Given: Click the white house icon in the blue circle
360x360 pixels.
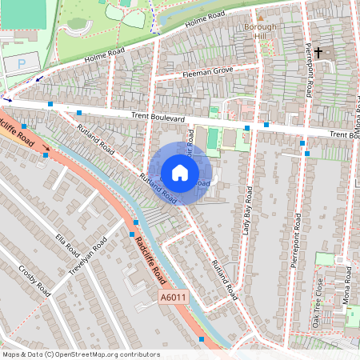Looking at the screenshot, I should coord(180,173).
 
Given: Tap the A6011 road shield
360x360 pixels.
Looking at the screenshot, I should coord(173,298).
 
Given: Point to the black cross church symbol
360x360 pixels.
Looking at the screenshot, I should coord(318,53).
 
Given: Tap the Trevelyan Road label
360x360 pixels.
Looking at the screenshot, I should coord(87,256).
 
